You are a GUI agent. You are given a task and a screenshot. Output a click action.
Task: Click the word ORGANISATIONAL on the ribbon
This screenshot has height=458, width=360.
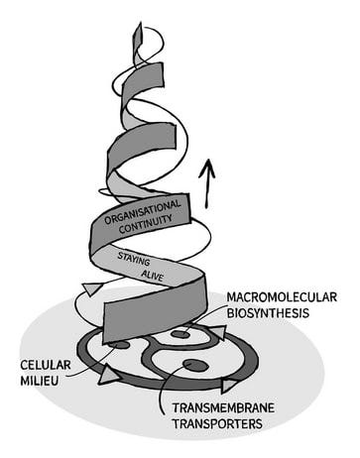pos(143,211)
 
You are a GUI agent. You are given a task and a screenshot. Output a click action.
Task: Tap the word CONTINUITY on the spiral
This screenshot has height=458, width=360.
pos(146,225)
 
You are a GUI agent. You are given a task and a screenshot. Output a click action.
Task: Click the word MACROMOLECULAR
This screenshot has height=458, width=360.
pos(282,297)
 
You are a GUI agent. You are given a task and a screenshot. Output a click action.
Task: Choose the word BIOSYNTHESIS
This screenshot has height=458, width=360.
pos(268,312)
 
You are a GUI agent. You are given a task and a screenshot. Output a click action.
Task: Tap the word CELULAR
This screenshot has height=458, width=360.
pos(46,365)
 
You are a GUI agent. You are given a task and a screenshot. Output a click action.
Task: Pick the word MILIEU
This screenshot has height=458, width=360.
pos(40,381)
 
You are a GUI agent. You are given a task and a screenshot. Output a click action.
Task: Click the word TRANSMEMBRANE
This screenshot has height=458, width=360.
pos(224,407)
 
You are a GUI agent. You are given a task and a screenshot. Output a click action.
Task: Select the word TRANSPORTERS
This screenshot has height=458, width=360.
pos(218,423)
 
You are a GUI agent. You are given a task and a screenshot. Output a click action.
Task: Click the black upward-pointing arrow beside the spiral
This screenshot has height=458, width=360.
pos(206,183)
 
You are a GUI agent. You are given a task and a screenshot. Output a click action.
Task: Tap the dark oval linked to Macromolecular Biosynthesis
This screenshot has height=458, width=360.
pos(180,334)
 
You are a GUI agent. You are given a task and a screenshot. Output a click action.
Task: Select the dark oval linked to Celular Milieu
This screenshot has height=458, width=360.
pos(118,345)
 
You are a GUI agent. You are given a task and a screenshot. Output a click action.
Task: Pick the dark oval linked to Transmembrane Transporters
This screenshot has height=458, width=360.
pos(196,366)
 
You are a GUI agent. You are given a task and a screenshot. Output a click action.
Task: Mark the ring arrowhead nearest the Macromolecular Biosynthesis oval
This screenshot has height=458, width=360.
pos(218,332)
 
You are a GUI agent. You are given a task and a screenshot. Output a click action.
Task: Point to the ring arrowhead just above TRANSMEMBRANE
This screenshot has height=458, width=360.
pos(229,385)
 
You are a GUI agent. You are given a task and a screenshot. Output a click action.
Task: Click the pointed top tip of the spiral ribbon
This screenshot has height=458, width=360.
pos(141,23)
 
